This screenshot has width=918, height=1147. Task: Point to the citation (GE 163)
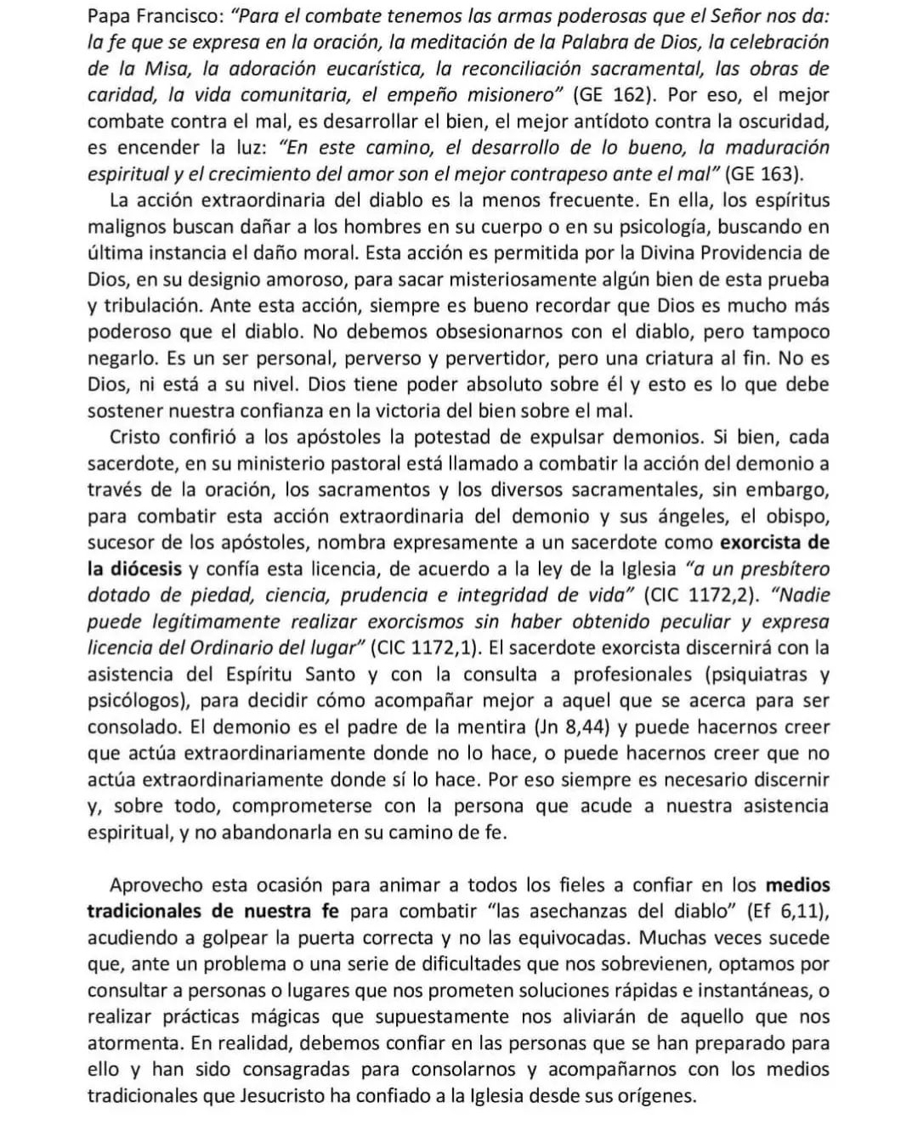(x=765, y=174)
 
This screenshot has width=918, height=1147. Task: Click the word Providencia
(x=727, y=253)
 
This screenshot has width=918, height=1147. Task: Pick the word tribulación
(x=152, y=306)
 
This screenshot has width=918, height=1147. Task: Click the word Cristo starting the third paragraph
(x=139, y=438)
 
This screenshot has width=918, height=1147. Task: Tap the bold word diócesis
(x=134, y=569)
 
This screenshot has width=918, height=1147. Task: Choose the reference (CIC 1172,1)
(x=426, y=648)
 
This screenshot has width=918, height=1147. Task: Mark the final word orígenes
(x=654, y=1096)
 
